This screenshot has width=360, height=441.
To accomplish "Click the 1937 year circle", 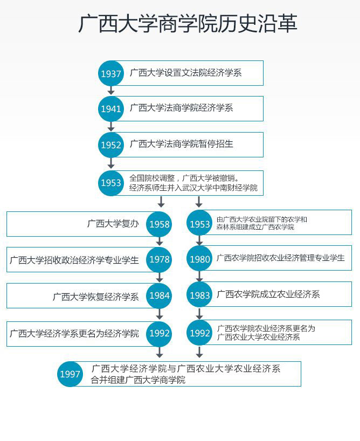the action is [111, 73].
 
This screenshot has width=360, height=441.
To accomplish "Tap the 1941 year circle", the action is [111, 109].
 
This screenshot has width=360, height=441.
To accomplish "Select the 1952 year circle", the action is [111, 145].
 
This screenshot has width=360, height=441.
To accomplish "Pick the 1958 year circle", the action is [159, 224].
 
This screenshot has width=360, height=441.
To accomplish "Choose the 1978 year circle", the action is [159, 260].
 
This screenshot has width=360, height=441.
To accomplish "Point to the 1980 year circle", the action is [200, 258].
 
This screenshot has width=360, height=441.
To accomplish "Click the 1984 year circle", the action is [159, 295].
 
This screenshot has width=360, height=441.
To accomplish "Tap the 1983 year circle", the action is [200, 294].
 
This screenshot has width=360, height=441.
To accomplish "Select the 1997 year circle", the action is [70, 374].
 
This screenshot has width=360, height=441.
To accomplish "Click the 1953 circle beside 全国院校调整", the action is [111, 183].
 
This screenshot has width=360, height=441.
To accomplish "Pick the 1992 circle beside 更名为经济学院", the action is [159, 333].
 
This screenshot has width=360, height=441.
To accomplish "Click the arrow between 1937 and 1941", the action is [111, 90].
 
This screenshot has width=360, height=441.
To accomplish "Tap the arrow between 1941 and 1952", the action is [111, 126].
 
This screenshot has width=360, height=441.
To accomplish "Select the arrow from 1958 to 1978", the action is [160, 242].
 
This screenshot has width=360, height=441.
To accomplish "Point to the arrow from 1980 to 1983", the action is [199, 276].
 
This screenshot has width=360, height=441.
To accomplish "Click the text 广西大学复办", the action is [113, 224].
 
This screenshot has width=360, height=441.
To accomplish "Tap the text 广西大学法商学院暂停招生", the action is [182, 144].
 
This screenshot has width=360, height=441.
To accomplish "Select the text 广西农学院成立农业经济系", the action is [268, 294].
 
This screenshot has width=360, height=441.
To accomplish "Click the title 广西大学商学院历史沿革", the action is [188, 24].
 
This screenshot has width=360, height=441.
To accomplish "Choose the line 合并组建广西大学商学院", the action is [138, 380].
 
